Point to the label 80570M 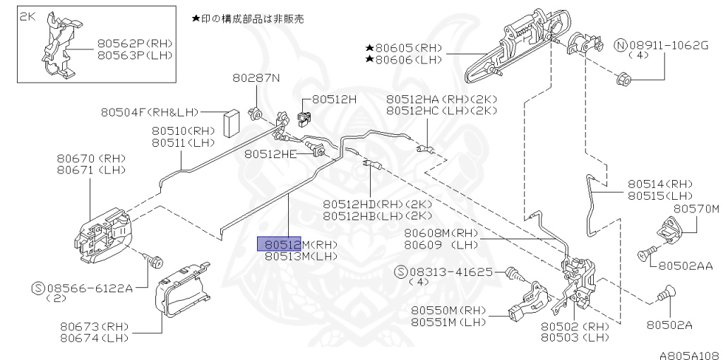coord(695,209)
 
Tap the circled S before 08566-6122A coord(40,287)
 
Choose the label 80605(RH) coord(407,47)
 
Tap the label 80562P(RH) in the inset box coord(135,43)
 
